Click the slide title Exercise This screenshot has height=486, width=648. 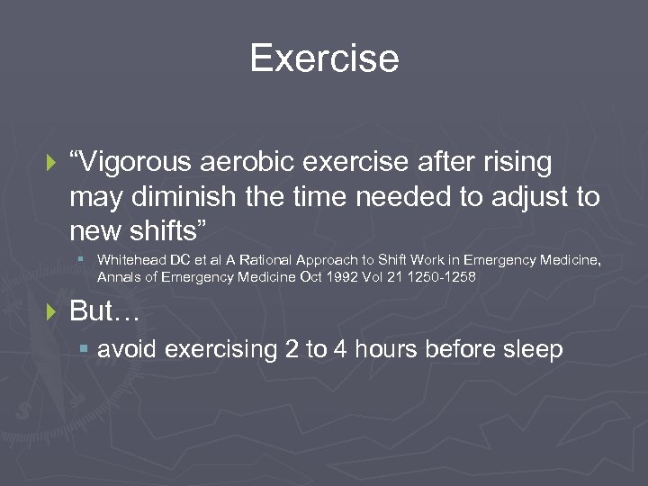324,58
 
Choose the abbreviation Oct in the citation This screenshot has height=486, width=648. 308,276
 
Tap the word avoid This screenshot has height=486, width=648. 123,349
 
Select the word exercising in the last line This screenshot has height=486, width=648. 216,349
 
